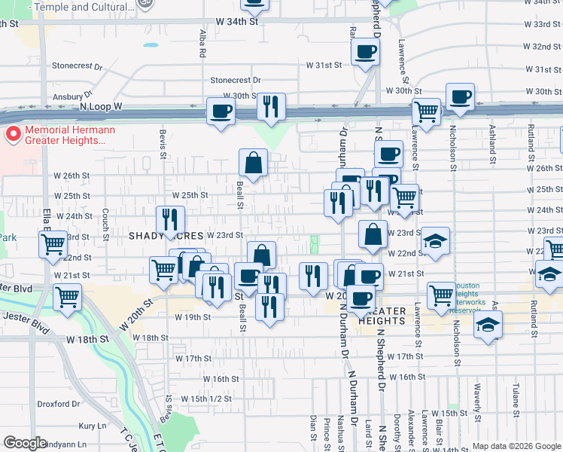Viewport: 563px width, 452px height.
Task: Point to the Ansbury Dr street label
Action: [x=72, y=97]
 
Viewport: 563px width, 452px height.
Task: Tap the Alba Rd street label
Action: [x=202, y=44]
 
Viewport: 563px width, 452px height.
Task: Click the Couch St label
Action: [x=105, y=221]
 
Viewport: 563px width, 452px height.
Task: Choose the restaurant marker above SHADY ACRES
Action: [x=171, y=219]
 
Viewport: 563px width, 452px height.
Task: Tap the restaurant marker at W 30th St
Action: [x=271, y=106]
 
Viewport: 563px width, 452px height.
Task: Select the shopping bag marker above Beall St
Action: [x=254, y=161]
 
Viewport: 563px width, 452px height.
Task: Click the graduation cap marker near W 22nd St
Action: [x=435, y=241]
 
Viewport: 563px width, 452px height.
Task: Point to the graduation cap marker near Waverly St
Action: [x=488, y=325]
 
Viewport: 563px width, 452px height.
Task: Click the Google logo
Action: [x=25, y=442]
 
